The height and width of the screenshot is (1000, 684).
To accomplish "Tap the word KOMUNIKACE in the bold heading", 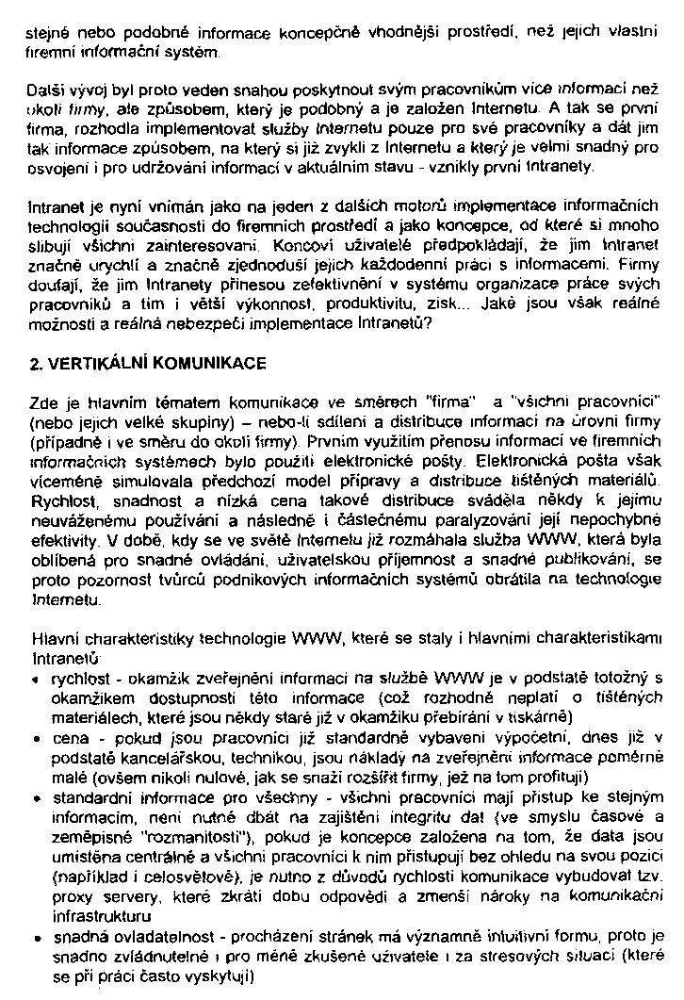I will pos(211,361).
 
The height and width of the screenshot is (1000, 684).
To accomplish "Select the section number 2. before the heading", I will pos(37,361).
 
